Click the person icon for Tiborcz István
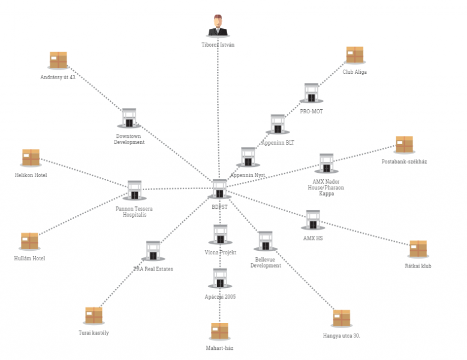point(218,26)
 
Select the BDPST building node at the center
point(219,188)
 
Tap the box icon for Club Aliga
point(354,55)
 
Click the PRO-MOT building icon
point(311,93)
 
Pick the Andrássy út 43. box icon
point(58,60)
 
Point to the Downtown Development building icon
point(129,118)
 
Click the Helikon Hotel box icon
point(31,158)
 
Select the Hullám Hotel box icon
point(29,241)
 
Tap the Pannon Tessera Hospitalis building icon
point(134,190)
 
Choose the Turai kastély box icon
point(94,316)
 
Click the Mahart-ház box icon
point(219,331)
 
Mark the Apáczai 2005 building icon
point(220,278)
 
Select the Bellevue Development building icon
point(265,241)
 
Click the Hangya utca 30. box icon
point(341,318)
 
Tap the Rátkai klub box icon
point(418,249)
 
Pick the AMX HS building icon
point(312,220)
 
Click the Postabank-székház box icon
point(404,145)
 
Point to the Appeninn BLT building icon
point(278,124)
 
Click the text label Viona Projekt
point(220,253)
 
